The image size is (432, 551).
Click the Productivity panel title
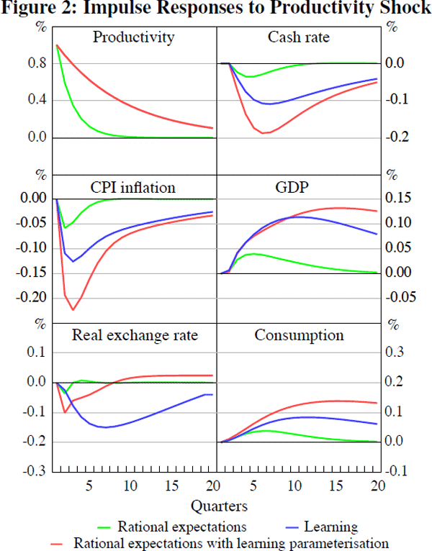point(133,37)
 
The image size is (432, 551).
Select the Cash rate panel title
point(298,37)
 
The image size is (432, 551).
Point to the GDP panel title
point(299,188)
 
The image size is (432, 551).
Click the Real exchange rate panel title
point(135,335)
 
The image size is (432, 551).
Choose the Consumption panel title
point(299,335)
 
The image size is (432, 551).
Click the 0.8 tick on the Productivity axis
point(38,63)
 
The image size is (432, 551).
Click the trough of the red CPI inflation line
point(73,310)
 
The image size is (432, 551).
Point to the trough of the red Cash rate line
point(264,133)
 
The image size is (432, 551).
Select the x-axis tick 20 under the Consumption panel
point(374,485)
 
